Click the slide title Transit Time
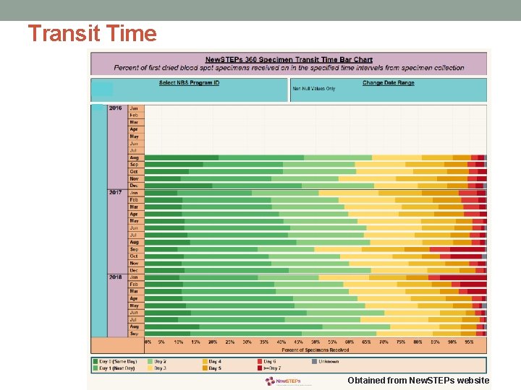[92, 34]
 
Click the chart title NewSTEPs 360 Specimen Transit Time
[289, 59]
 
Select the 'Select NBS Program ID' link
[189, 82]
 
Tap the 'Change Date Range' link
[388, 82]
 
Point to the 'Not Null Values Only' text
[313, 90]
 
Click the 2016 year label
[116, 108]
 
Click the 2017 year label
[116, 193]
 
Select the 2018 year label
[116, 277]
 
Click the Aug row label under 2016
[135, 157]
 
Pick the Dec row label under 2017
[135, 270]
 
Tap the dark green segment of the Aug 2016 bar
[182, 157]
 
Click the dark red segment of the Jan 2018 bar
[463, 277]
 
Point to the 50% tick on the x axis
[315, 342]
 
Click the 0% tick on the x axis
[148, 342]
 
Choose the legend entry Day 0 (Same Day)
[116, 360]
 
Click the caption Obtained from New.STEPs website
[418, 381]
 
